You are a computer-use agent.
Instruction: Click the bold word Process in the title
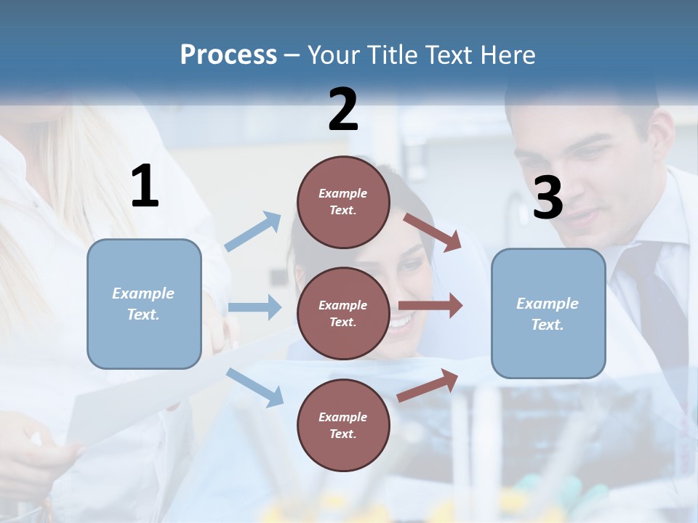click(228, 55)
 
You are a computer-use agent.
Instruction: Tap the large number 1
click(145, 187)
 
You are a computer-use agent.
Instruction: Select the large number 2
click(343, 110)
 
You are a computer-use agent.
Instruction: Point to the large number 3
click(547, 198)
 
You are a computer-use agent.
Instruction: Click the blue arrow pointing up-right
click(253, 231)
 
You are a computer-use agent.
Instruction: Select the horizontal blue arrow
click(254, 307)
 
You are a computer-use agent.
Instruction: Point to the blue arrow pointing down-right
click(254, 386)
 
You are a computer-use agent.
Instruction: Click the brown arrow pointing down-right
click(432, 232)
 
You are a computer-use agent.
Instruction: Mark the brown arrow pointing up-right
click(428, 386)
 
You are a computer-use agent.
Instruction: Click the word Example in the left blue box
click(143, 293)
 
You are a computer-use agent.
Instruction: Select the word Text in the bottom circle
click(342, 434)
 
